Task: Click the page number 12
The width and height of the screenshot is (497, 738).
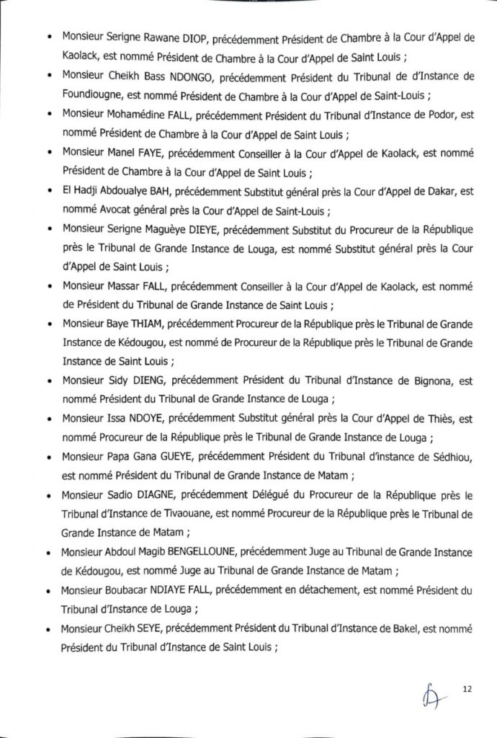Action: tap(467, 690)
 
